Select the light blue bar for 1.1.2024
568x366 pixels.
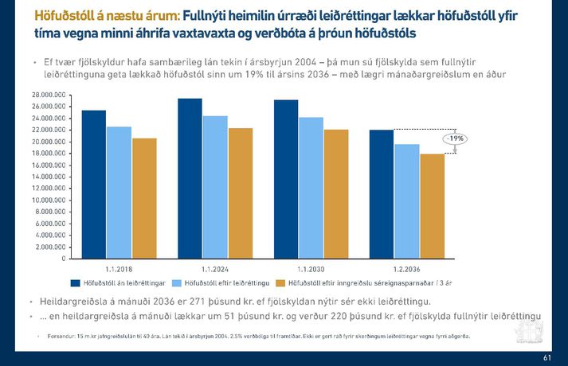[x=215, y=187]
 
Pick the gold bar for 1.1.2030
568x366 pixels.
[x=336, y=194]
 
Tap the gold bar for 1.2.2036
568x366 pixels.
[x=433, y=206]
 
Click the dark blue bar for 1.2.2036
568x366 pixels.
[x=382, y=194]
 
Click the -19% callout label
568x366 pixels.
[x=455, y=138]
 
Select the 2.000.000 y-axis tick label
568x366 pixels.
[x=50, y=247]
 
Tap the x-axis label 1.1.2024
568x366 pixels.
[x=215, y=269]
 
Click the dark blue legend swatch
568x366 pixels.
[x=76, y=282]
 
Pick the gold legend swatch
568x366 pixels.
[x=279, y=282]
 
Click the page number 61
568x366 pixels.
[x=546, y=357]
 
